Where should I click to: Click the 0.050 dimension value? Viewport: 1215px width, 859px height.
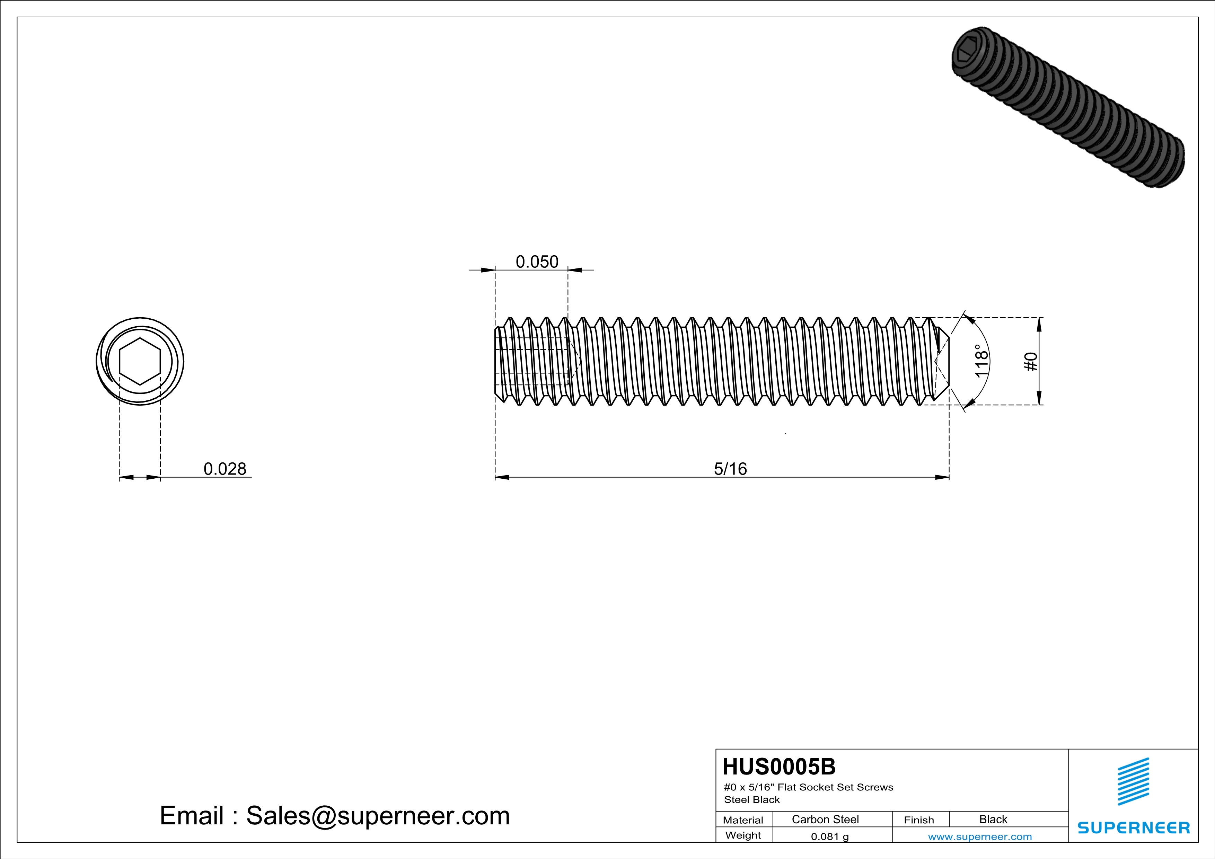pyautogui.click(x=537, y=262)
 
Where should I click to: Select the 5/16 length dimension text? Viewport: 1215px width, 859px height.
pyautogui.click(x=730, y=469)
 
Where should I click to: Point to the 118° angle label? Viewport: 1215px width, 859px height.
pyautogui.click(x=981, y=361)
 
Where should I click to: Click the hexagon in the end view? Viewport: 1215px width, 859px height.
pyautogui.click(x=140, y=361)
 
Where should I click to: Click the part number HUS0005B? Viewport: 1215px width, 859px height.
pyautogui.click(x=779, y=767)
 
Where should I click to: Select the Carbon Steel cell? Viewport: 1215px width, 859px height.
pyautogui.click(x=825, y=819)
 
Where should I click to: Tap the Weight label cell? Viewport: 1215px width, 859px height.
pyautogui.click(x=743, y=835)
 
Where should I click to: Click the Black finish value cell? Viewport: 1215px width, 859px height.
pyautogui.click(x=993, y=819)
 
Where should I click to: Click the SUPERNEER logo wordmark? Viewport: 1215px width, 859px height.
pyautogui.click(x=1134, y=828)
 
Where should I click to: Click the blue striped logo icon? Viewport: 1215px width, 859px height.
pyautogui.click(x=1133, y=781)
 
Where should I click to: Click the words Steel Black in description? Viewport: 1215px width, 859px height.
pyautogui.click(x=751, y=800)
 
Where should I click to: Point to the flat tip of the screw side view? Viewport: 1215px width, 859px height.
pyautogui.click(x=948, y=361)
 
